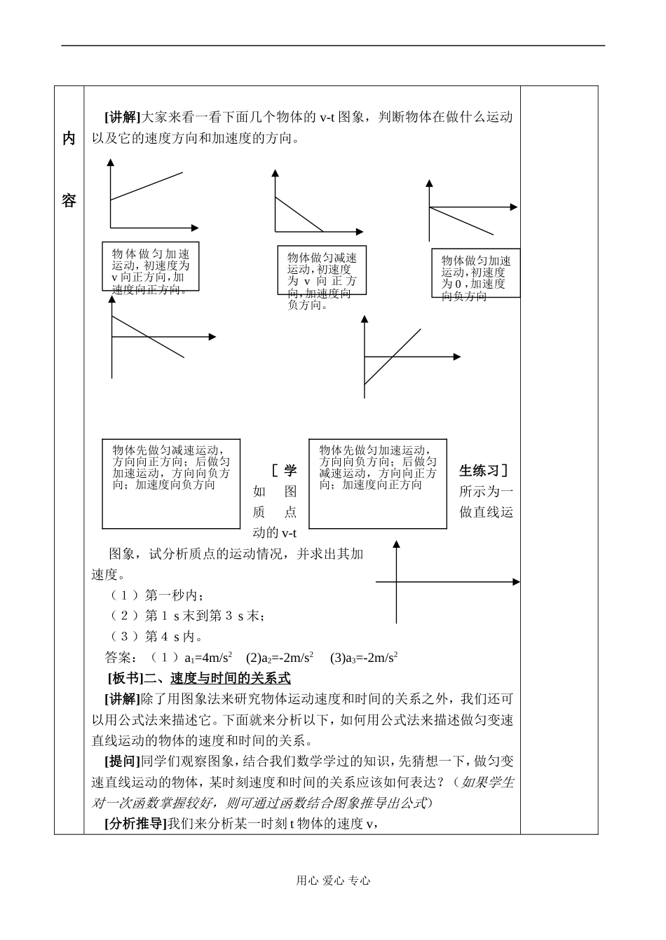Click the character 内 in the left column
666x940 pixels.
point(69,139)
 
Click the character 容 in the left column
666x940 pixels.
point(69,201)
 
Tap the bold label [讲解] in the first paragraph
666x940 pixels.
point(123,117)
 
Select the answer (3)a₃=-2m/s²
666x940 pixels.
point(364,658)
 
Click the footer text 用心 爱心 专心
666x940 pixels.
point(333,881)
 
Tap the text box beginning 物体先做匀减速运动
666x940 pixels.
point(171,483)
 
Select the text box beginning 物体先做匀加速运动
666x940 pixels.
point(378,483)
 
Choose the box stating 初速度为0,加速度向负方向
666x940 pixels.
point(475,273)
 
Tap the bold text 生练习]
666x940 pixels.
point(484,471)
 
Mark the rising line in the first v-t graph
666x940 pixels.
point(150,186)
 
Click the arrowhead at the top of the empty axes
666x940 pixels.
point(397,544)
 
